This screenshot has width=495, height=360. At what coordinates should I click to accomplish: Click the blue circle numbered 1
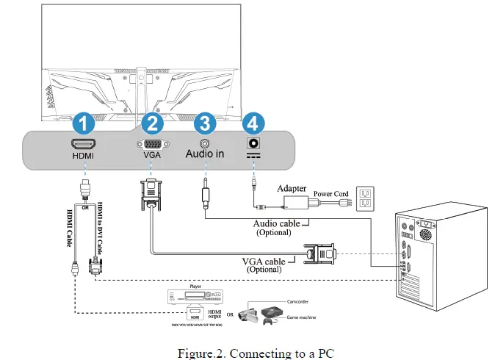pyautogui.click(x=83, y=121)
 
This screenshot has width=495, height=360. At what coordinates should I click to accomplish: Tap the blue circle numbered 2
pyautogui.click(x=151, y=121)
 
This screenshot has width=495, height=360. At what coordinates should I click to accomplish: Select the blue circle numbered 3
pyautogui.click(x=205, y=121)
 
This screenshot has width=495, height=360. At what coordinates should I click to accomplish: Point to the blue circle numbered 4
pyautogui.click(x=253, y=121)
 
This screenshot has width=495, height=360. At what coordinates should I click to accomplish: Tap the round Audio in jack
pyautogui.click(x=204, y=140)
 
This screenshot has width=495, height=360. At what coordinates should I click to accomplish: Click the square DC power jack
pyautogui.click(x=253, y=142)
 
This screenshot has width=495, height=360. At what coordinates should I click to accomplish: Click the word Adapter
pyautogui.click(x=292, y=189)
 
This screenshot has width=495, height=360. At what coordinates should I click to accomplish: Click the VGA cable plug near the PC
pyautogui.click(x=323, y=254)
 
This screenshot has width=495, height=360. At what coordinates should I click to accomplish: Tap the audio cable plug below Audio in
pyautogui.click(x=206, y=197)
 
